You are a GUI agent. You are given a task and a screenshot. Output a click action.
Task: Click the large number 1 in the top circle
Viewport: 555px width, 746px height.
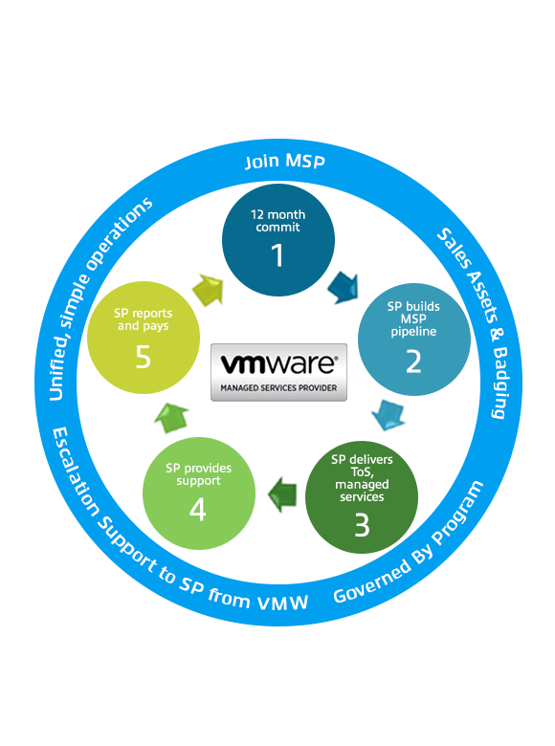(277, 255)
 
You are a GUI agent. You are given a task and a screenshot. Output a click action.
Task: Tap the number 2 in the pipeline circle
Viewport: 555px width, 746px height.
(413, 362)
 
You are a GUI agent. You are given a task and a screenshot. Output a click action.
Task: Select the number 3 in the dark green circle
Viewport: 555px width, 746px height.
(362, 525)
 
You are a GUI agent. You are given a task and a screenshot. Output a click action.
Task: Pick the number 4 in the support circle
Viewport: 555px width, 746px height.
(197, 510)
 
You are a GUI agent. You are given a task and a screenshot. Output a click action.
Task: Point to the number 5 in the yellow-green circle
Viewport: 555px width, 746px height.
(143, 357)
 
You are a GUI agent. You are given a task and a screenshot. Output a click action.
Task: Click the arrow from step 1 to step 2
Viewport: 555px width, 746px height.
(344, 287)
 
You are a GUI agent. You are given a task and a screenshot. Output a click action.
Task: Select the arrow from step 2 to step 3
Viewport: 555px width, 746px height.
(388, 415)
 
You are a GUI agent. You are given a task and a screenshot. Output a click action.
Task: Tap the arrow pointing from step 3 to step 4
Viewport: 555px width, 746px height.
(282, 494)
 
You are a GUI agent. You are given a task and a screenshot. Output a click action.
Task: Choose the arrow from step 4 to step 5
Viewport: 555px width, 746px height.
(171, 418)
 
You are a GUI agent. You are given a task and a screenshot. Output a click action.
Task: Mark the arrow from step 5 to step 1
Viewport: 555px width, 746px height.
(209, 290)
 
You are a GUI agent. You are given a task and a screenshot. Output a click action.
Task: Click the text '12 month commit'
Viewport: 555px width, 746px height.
(277, 221)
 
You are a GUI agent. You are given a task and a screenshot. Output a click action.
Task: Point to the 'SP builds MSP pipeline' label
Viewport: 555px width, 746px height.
(413, 318)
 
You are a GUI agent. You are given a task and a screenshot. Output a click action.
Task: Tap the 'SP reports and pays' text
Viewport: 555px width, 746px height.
(143, 319)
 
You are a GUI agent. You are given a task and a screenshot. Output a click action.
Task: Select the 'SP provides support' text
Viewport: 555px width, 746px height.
(198, 474)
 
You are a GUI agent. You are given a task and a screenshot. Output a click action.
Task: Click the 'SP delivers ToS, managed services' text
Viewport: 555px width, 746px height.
(362, 478)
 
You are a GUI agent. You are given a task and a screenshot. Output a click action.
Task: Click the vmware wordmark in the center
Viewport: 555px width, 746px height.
(278, 364)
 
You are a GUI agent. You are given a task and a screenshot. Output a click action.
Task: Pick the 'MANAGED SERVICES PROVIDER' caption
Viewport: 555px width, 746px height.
(278, 387)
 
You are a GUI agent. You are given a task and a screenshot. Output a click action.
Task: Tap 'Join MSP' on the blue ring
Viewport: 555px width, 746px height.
(284, 162)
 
